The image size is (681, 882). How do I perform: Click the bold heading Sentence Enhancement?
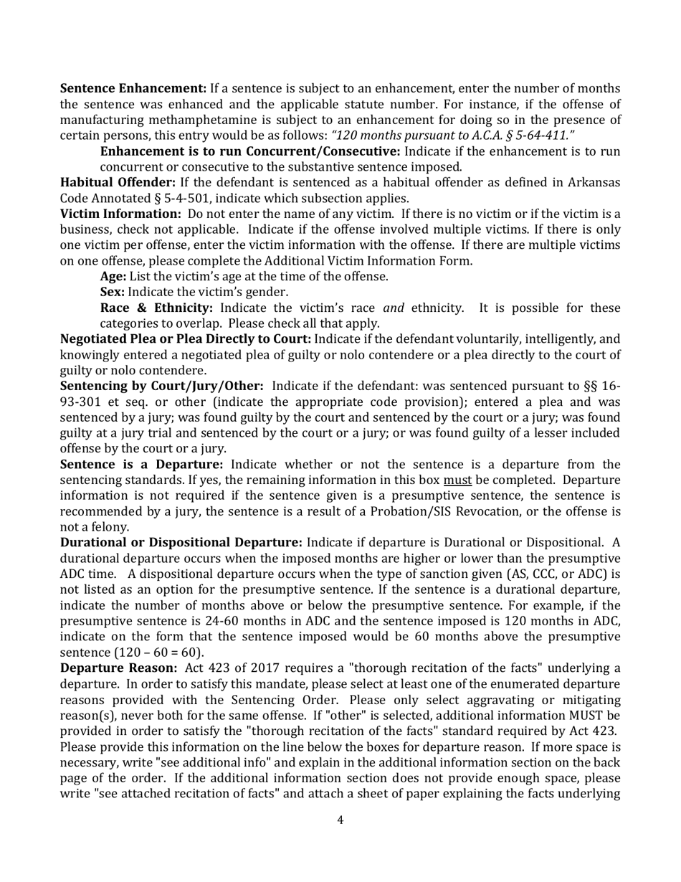point(133,88)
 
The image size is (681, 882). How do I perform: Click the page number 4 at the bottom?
point(340,820)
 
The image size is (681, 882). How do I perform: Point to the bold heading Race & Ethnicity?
point(156,308)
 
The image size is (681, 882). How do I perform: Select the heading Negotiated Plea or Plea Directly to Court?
point(185,338)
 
